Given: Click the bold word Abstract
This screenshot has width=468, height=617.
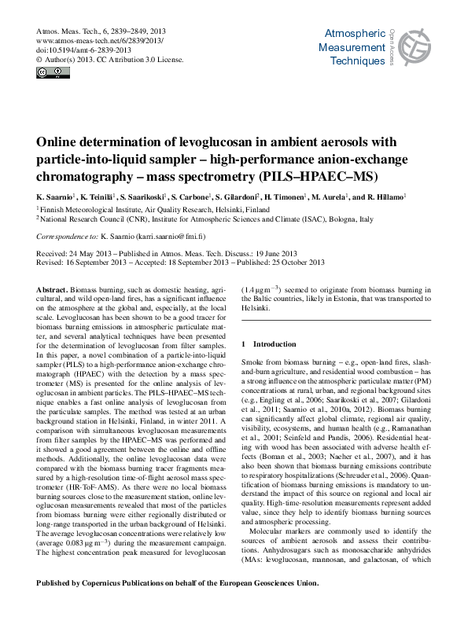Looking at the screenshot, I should [x=51, y=290].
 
